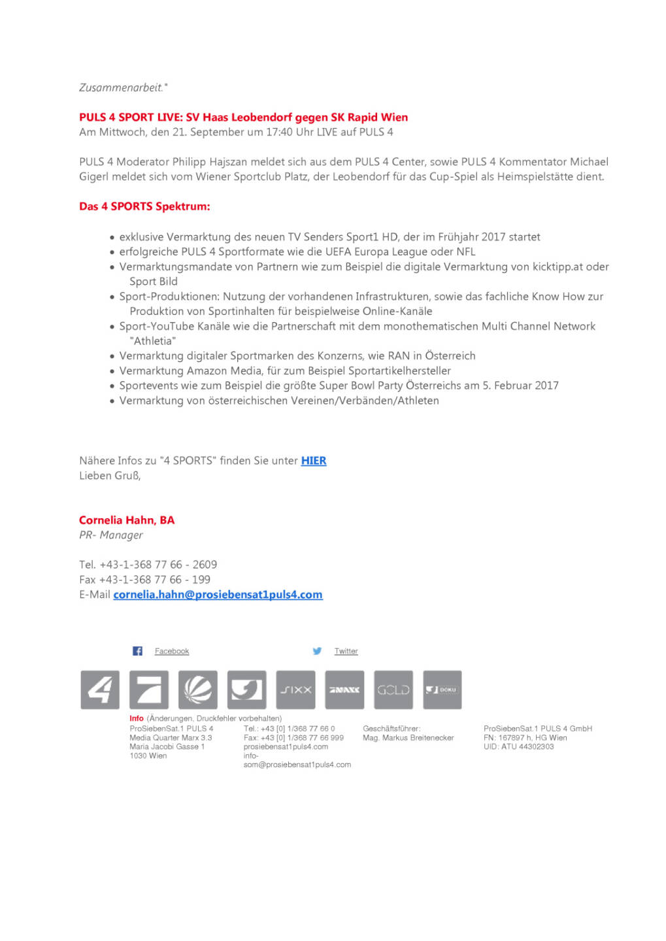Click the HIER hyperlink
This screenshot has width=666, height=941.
click(313, 461)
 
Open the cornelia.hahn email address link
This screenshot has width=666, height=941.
click(218, 595)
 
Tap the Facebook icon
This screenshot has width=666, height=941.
click(137, 651)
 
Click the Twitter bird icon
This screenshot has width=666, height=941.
click(317, 651)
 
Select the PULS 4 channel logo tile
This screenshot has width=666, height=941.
click(100, 689)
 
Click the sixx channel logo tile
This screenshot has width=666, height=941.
click(295, 689)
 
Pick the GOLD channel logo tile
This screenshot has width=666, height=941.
click(393, 689)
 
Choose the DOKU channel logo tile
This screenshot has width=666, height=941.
click(442, 689)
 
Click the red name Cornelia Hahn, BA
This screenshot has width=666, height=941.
click(127, 520)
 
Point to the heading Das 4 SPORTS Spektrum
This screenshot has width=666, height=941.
click(144, 206)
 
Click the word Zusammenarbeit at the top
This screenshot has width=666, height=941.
click(121, 88)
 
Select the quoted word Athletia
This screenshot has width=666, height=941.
click(153, 341)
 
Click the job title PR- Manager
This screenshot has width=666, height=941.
click(111, 535)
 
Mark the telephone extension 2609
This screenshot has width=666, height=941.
click(205, 565)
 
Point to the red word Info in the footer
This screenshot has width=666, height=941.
click(136, 718)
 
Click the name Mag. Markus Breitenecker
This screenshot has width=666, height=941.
click(408, 738)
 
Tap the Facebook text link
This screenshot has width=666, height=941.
click(172, 651)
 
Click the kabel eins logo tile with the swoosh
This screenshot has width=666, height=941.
click(246, 689)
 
